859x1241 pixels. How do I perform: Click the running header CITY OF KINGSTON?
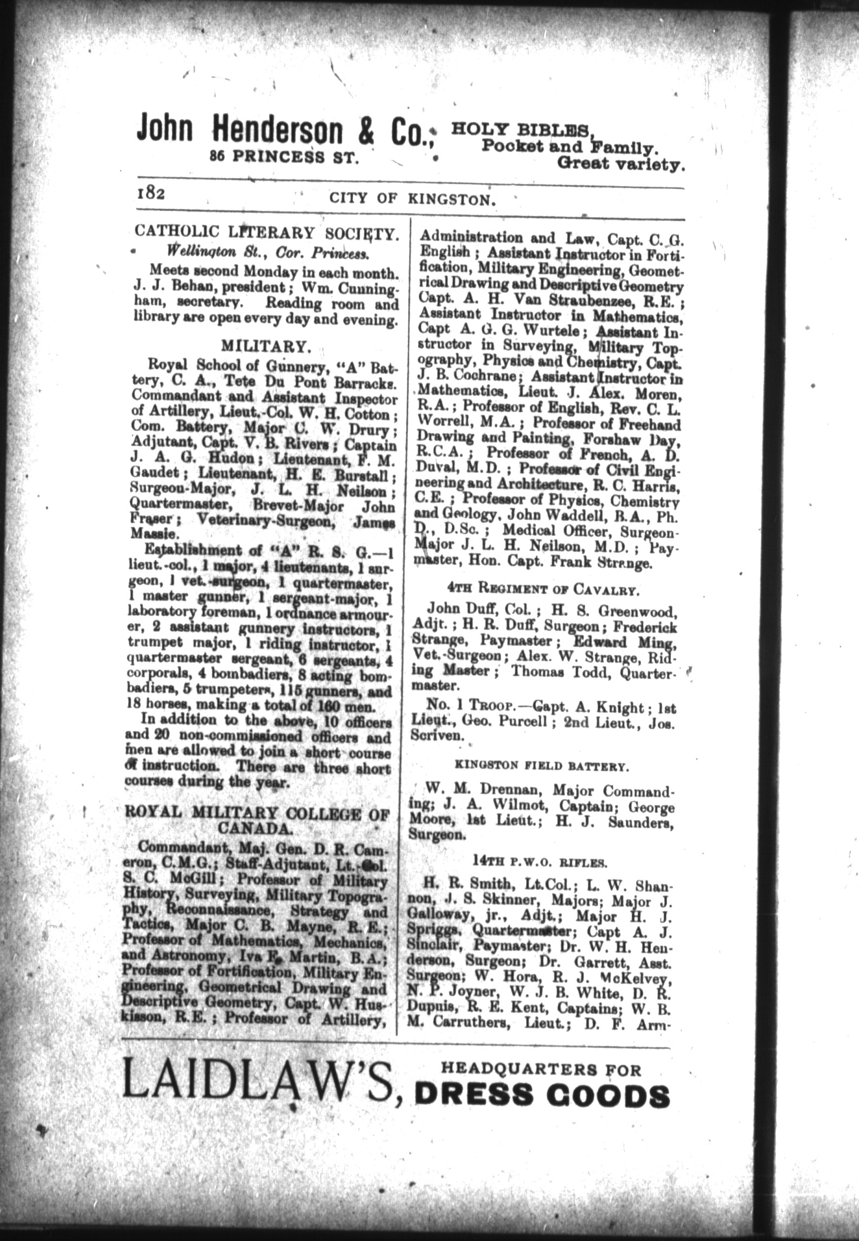413,200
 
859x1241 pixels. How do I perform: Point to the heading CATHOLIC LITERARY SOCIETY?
267,233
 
